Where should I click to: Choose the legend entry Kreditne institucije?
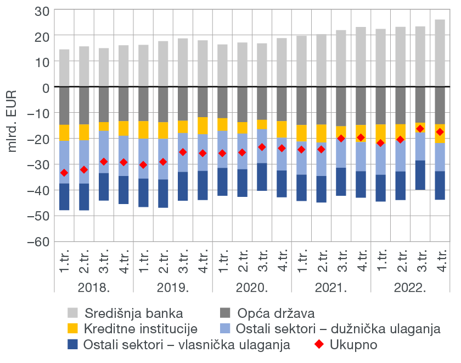pyautogui.click(x=140, y=329)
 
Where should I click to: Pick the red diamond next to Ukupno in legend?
pyautogui.click(x=320, y=345)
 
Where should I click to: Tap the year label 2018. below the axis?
pyautogui.click(x=94, y=288)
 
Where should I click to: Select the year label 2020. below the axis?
pyautogui.click(x=252, y=288)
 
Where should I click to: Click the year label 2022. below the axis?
pyautogui.click(x=410, y=288)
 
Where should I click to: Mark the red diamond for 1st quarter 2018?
pyautogui.click(x=64, y=173)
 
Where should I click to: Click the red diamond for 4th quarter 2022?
pyautogui.click(x=440, y=132)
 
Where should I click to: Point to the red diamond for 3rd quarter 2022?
pyautogui.click(x=420, y=129)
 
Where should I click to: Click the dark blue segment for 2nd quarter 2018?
pyautogui.click(x=84, y=197)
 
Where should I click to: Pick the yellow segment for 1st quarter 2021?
pyautogui.click(x=301, y=133)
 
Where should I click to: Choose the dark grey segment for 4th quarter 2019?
pyautogui.click(x=203, y=102)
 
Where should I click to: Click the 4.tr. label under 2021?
pyautogui.click(x=361, y=259)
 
